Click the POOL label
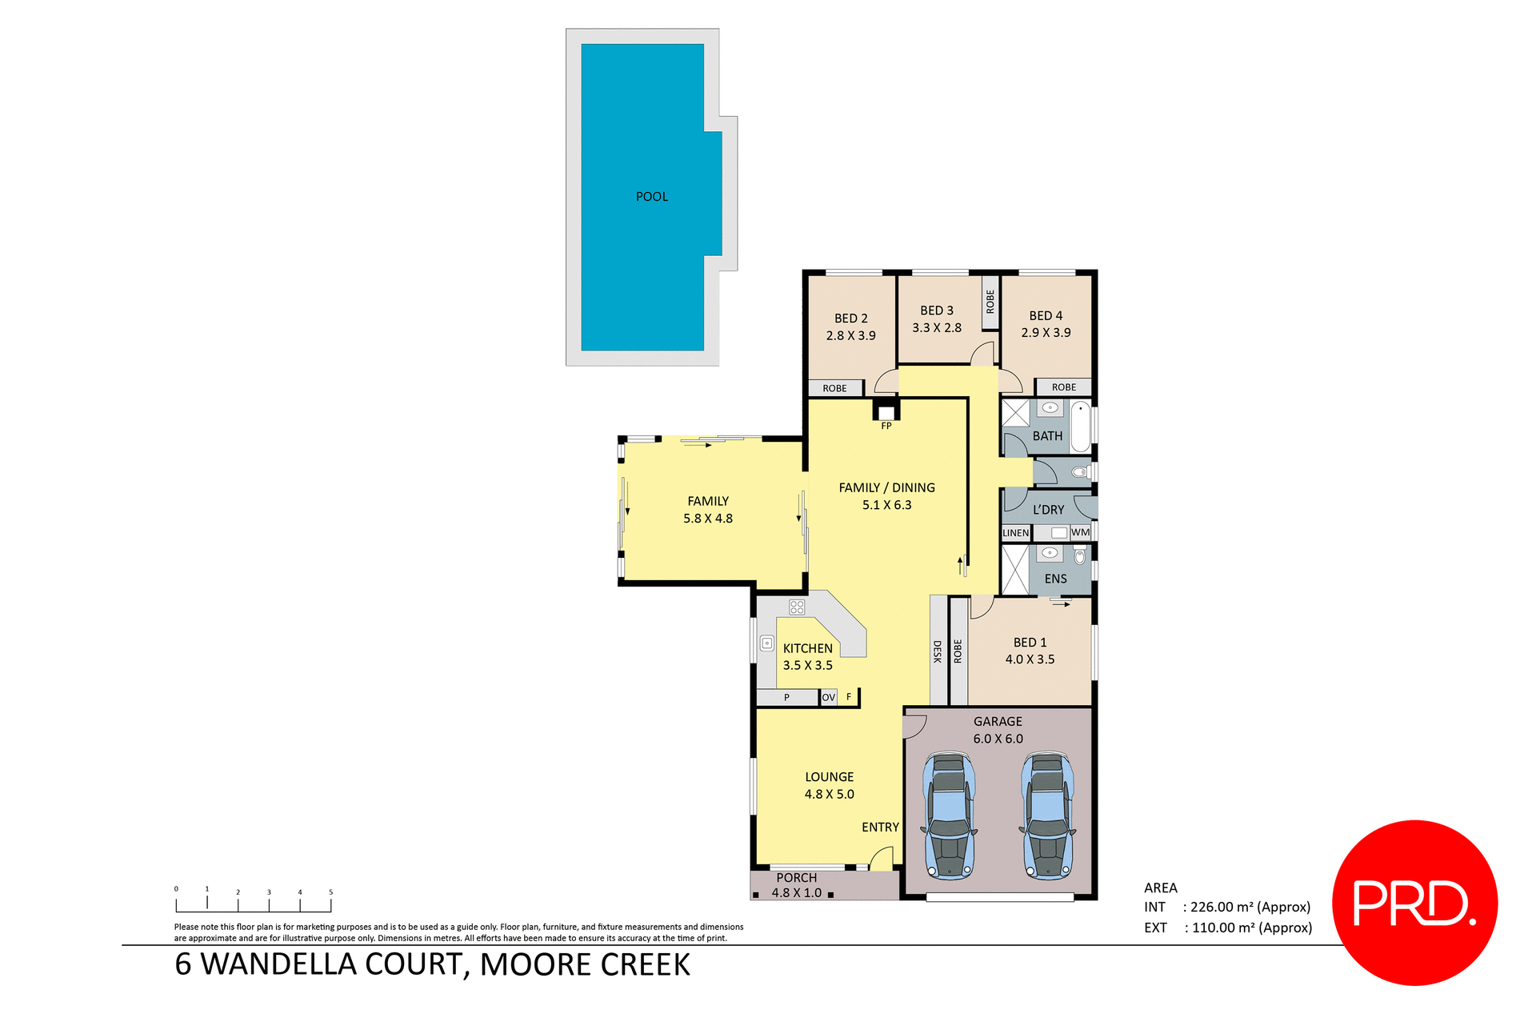[x=651, y=197]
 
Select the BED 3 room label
[x=936, y=311]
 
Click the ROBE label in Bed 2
[x=834, y=388]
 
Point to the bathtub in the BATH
[x=1080, y=427]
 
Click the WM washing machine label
[x=1080, y=532]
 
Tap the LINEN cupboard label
[x=1015, y=533]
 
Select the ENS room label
[x=1055, y=579]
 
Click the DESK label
[x=937, y=651]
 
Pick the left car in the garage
[x=950, y=815]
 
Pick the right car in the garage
[x=1047, y=815]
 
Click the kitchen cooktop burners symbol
[x=796, y=607]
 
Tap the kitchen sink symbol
[x=766, y=643]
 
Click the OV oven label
[x=828, y=697]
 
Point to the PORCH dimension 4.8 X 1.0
[x=796, y=893]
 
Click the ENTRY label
[x=880, y=828]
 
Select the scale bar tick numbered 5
[x=330, y=892]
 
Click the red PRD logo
[x=1414, y=903]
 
